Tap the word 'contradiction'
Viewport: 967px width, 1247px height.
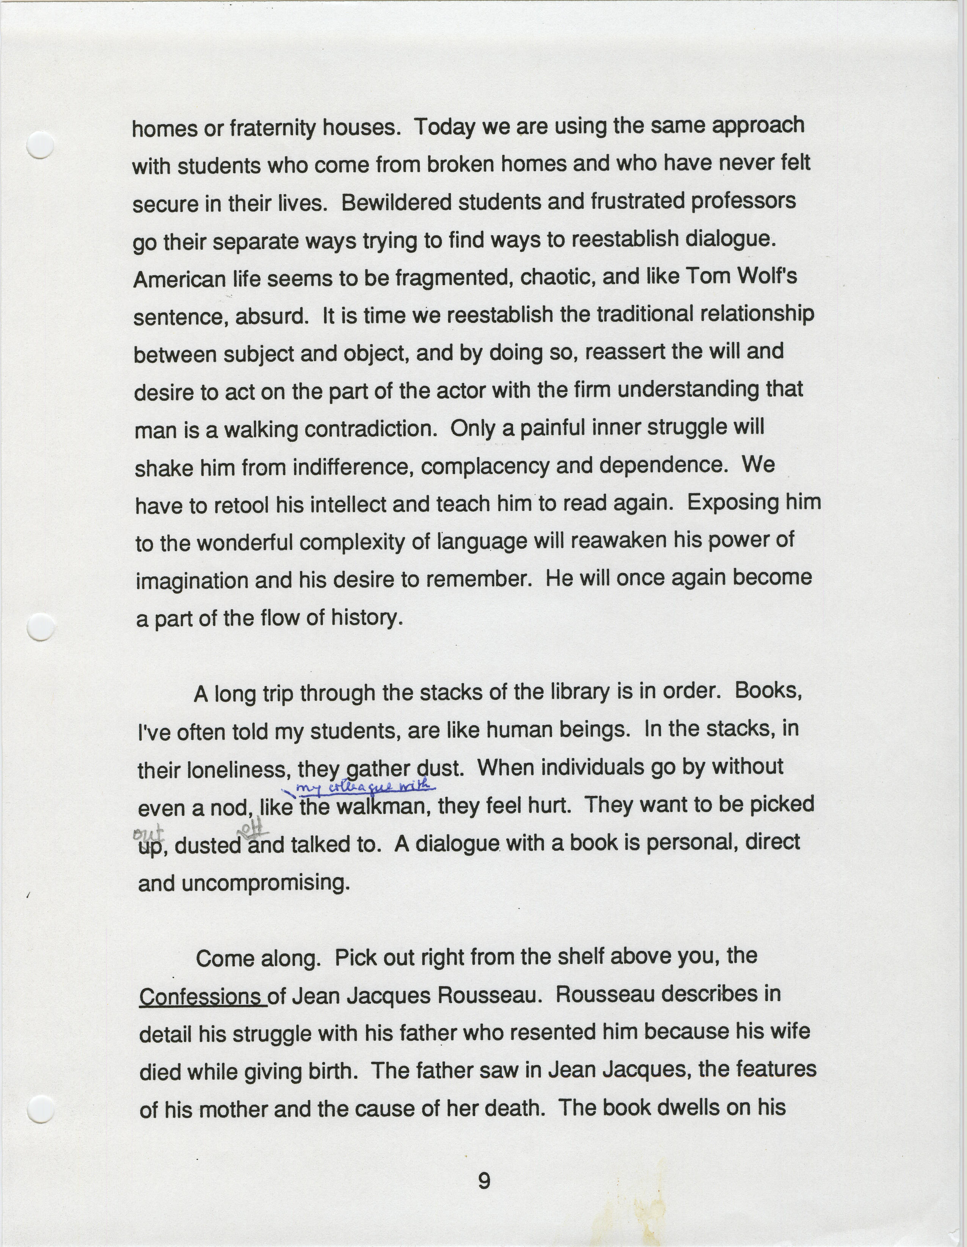tap(369, 429)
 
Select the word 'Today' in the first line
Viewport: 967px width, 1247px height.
tap(445, 127)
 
